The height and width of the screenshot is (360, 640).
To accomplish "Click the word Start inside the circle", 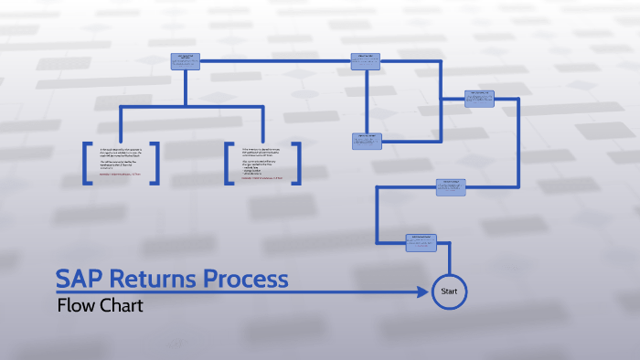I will point(449,291).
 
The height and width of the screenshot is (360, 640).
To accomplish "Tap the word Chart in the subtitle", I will point(122,305).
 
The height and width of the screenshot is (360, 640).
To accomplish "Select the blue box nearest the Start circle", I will point(421,242).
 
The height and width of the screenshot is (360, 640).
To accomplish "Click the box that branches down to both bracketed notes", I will point(185,61).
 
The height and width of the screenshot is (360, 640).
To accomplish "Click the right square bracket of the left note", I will point(156,164).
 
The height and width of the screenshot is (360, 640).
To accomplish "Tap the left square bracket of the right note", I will point(228,164).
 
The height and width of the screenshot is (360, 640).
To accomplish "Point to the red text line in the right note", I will point(261,179).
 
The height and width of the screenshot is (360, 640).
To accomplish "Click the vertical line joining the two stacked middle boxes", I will point(367,101).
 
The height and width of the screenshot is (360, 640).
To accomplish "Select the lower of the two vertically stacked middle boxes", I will point(367,141).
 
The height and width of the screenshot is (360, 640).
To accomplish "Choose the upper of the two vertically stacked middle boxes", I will point(366,61).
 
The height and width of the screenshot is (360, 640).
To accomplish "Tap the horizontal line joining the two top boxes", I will point(274,61).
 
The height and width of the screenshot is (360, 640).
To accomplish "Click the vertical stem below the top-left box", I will point(185,87).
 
